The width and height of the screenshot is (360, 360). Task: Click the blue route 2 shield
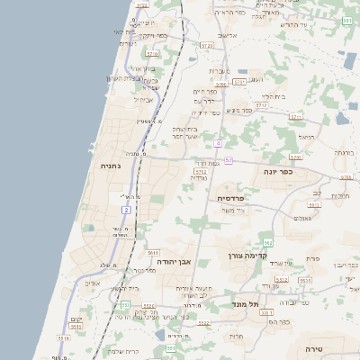[x=127, y=209]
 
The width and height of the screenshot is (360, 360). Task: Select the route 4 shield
[x=218, y=143]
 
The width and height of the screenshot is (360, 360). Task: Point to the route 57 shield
[x=229, y=160]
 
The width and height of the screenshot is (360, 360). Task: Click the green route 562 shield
[x=268, y=243]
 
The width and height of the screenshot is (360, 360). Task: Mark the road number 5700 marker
[x=295, y=157]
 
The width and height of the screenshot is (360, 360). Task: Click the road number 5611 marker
[x=153, y=253]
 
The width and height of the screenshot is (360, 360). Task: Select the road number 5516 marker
[x=63, y=338]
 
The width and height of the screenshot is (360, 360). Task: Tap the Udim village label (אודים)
[x=92, y=283]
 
